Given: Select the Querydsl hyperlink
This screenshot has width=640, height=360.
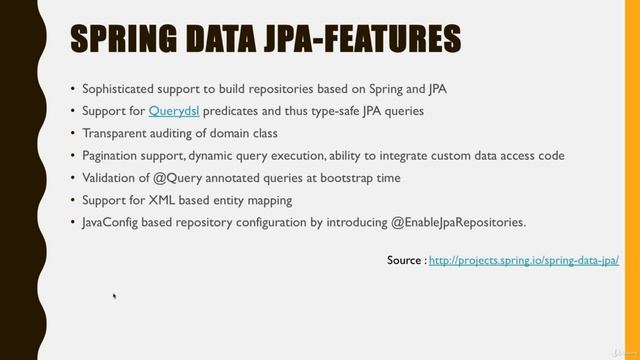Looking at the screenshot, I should coord(175,110).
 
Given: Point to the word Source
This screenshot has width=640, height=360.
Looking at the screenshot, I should coord(404,260).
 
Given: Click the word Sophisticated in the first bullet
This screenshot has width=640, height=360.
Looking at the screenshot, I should coord(123,88).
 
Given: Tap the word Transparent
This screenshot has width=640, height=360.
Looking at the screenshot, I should coord(118,133).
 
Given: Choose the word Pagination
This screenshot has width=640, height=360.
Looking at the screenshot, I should coord(114,155).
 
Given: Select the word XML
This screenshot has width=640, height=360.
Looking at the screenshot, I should coord(161,199).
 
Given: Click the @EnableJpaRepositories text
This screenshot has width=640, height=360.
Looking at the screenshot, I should coord(463,221).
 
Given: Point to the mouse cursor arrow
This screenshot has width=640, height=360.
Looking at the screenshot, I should coord(115,296).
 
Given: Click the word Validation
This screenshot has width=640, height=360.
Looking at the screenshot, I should coord(112,177).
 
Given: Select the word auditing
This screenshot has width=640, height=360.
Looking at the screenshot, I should coord(177,133).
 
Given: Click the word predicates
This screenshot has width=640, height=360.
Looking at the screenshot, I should coord(237,110).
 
